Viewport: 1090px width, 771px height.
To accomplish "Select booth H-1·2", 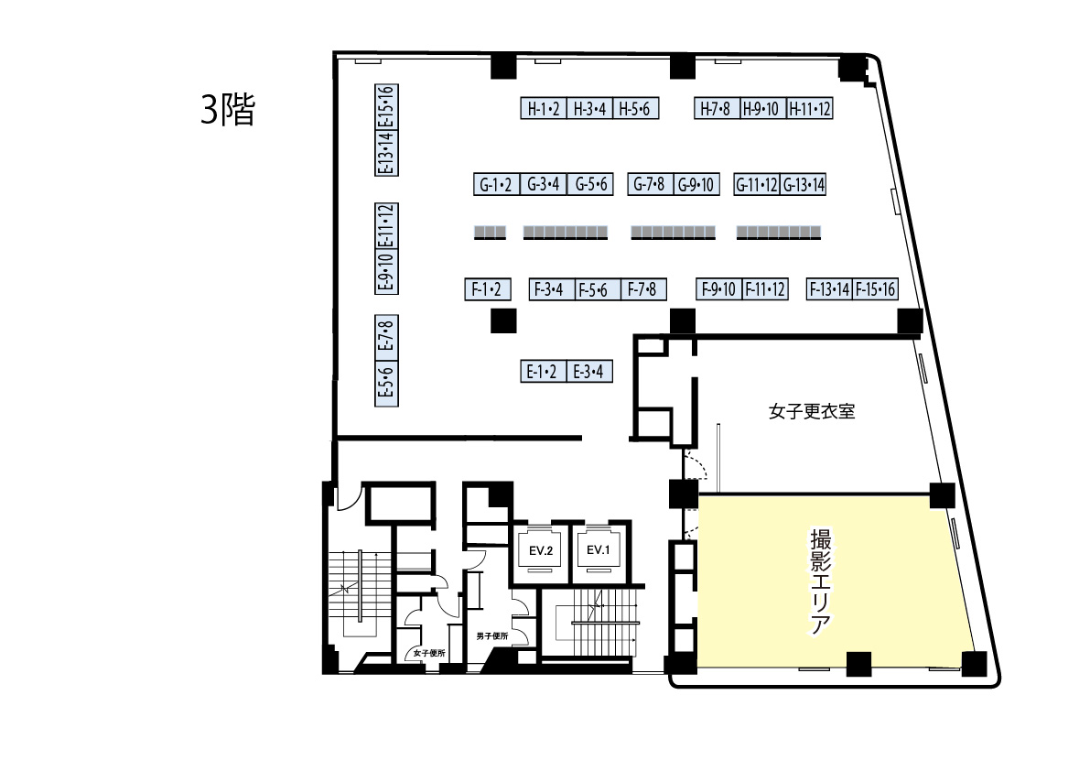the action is point(544,108).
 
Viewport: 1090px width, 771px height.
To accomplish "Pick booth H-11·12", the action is point(810,108).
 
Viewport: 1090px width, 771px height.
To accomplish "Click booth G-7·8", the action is point(650,184).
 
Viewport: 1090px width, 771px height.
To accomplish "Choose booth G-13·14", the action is point(804,184).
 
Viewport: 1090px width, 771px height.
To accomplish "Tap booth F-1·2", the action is point(487,289).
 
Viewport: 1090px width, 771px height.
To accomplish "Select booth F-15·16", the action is point(875,289).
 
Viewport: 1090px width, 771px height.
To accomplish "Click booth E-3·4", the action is point(589,371).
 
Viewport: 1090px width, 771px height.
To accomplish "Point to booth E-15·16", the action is point(386,107).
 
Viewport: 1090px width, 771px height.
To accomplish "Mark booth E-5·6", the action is point(386,383).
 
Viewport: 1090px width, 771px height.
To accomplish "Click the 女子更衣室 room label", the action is point(811,411).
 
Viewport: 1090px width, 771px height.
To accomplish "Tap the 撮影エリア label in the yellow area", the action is point(821,581).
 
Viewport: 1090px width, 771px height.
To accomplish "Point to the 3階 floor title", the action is point(228,110).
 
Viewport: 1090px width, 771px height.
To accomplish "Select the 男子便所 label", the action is point(492,636).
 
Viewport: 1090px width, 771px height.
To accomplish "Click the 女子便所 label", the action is point(429,654).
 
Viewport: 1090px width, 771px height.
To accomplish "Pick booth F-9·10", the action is point(718,289).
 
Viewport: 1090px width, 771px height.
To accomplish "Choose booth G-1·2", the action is point(496,184).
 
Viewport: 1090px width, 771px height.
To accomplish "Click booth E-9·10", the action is point(386,272).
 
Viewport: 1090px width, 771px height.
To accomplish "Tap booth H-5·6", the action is point(635,108).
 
